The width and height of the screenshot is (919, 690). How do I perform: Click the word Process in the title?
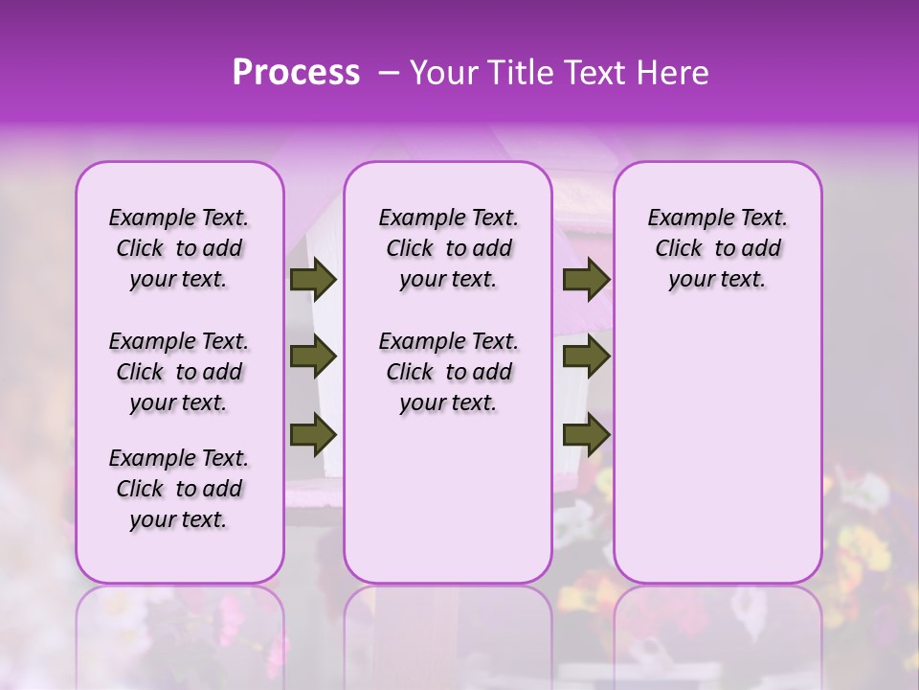coord(296,73)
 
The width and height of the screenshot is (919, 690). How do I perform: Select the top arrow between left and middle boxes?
coord(312,279)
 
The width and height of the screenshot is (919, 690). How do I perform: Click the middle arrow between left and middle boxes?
coord(312,357)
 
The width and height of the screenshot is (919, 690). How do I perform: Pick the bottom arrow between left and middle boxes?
coord(312,434)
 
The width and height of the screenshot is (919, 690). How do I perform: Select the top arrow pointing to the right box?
coord(586,279)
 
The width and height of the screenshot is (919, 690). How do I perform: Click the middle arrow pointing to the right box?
coord(586,357)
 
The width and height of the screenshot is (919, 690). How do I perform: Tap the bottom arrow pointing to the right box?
coord(586,434)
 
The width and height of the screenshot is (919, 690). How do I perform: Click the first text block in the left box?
coord(179,248)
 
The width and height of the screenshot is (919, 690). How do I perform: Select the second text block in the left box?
coord(179,372)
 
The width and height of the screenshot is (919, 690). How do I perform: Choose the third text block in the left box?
coord(179,489)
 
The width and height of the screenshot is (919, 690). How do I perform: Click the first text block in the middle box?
coord(448,248)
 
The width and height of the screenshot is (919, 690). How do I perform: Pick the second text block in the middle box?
coord(448,372)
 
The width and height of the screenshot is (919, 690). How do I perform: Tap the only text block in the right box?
coord(717,248)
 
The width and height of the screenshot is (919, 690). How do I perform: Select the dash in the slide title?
coord(389,73)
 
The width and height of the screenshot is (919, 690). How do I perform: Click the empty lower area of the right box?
coord(717,450)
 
